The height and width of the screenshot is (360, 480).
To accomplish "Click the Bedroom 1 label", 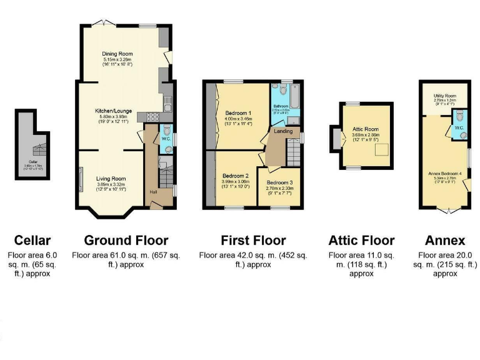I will pos(238,112).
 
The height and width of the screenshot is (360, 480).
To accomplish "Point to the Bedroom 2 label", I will pos(236,176).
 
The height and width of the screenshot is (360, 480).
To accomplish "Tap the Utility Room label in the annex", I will pos(445,96).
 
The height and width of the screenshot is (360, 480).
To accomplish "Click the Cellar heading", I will pos(32,240).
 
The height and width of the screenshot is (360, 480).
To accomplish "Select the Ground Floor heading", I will pos(126,240).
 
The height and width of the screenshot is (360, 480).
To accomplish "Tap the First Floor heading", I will pos(253,240).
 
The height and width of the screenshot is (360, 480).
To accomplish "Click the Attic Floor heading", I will pos(362,240).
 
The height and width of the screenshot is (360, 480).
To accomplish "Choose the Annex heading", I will pos(445,240).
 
